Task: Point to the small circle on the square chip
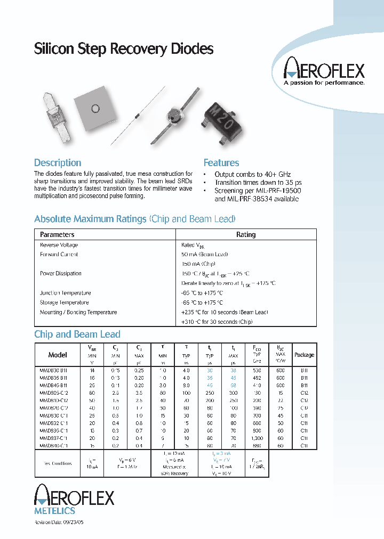point(95,109)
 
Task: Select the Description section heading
point(58,163)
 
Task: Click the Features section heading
point(221,163)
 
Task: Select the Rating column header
point(246,234)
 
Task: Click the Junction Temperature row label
point(65,293)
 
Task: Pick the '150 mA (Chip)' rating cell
point(198,264)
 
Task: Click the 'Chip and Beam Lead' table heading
point(77,334)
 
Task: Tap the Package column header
point(305,355)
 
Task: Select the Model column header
point(58,355)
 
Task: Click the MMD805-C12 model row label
point(54,392)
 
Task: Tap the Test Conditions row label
point(54,463)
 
